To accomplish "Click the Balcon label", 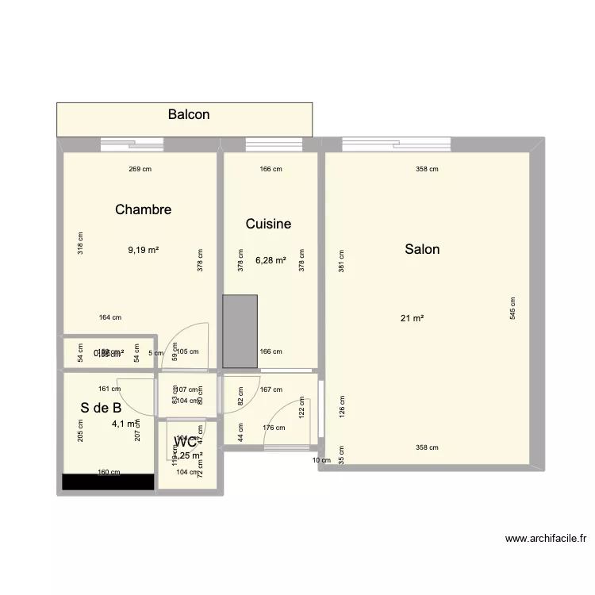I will [189, 114].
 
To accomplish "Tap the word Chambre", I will [143, 209].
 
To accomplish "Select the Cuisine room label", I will [268, 224].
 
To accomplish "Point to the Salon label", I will [422, 249].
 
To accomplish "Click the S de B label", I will [101, 408].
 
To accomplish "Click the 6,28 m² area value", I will [271, 259].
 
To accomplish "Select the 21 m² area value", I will [412, 318].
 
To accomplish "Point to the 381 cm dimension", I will [342, 261].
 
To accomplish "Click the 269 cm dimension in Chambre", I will [140, 168].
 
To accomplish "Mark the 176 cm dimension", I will [274, 428].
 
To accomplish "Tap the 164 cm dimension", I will [110, 317].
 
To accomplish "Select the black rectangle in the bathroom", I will [109, 482].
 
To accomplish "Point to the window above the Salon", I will [397, 144].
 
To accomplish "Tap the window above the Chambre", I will [132, 144].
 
